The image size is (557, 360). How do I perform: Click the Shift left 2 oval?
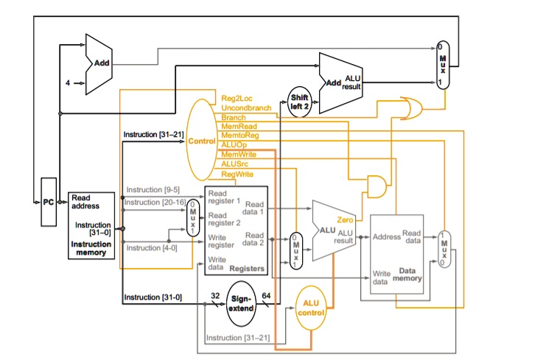point(299,101)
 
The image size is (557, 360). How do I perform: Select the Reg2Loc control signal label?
point(236,98)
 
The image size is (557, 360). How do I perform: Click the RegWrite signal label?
point(237,174)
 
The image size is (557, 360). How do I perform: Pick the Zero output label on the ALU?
point(344,219)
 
